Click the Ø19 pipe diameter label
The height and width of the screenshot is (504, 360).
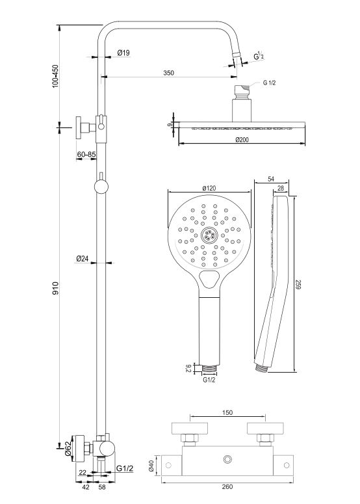coord(123,53)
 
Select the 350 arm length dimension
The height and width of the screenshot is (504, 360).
coord(168,73)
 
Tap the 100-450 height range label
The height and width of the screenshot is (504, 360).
coord(55,76)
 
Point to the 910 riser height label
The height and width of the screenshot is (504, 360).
coord(55,288)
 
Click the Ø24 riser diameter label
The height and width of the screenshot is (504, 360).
coord(83,258)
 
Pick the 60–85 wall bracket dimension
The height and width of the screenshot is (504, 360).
coord(86,154)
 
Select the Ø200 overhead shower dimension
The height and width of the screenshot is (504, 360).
coord(242,140)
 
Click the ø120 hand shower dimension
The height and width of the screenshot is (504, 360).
coord(209,188)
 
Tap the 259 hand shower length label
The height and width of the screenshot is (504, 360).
coord(298,285)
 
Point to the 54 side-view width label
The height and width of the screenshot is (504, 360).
coord(272,179)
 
